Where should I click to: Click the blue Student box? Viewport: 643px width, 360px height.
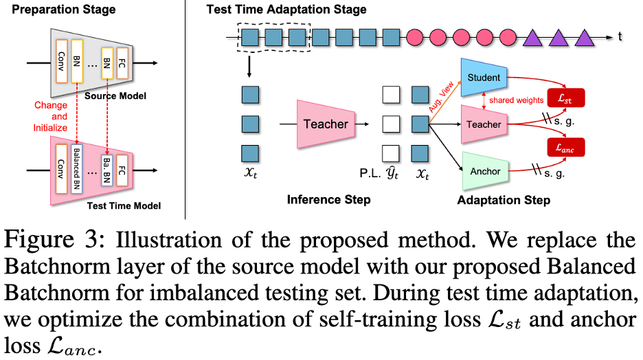[x=484, y=78]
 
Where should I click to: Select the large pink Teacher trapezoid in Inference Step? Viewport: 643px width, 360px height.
[x=326, y=124]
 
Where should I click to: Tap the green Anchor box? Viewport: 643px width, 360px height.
[x=484, y=170]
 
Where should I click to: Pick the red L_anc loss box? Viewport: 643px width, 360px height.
[x=566, y=146]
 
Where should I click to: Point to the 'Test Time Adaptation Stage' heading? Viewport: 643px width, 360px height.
[x=286, y=10]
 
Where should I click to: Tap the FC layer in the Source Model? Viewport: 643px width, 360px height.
[x=122, y=63]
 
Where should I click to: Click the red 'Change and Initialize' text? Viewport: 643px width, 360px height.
[x=50, y=117]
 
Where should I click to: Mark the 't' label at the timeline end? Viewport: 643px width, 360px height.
[x=620, y=36]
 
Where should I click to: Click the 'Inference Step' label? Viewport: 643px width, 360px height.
[x=329, y=200]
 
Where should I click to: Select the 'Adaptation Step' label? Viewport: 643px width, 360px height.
[x=504, y=200]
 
